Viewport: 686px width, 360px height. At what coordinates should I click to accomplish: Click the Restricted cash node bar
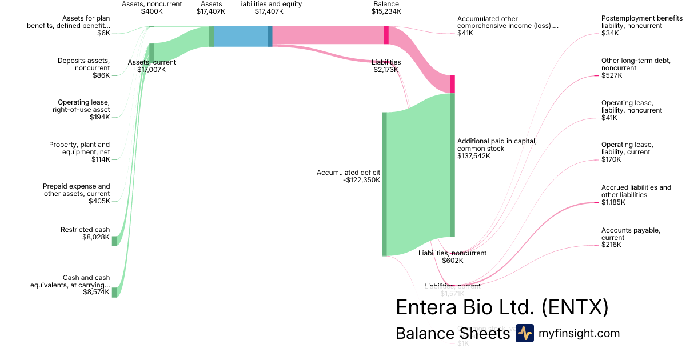[114, 241]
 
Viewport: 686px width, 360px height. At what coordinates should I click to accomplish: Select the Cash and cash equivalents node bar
[114, 292]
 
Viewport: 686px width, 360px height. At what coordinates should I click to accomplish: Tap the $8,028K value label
[96, 237]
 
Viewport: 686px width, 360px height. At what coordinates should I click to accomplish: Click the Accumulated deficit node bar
[384, 184]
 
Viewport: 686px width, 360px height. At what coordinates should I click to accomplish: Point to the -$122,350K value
[361, 180]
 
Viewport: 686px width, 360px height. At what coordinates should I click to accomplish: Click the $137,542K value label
[474, 156]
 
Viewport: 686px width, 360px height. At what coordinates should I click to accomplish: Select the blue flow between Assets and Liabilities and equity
[241, 37]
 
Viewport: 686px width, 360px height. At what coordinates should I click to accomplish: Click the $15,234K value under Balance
[386, 11]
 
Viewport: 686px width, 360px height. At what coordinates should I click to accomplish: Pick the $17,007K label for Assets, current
[151, 70]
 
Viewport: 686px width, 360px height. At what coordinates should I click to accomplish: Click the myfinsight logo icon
[524, 333]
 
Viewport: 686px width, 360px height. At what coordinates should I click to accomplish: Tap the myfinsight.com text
[579, 334]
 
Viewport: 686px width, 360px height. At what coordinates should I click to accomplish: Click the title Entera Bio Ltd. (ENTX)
[502, 307]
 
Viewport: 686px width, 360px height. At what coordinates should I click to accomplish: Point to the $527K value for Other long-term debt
[612, 75]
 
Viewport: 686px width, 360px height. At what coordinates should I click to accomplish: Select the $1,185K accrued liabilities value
[613, 202]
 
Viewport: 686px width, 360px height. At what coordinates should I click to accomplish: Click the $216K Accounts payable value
[611, 245]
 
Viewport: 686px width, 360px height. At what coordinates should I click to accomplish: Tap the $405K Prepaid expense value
[99, 201]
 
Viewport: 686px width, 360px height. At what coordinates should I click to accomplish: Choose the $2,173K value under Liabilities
[386, 70]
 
